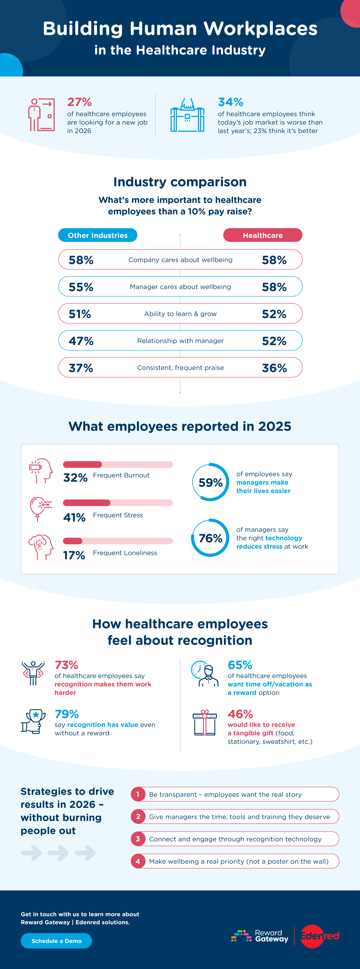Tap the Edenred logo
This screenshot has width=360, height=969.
(320, 936)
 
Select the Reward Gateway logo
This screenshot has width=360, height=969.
(260, 936)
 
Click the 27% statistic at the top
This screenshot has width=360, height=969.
(79, 102)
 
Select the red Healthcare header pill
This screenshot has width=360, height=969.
(263, 235)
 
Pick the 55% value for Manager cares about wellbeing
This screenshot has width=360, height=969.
(81, 287)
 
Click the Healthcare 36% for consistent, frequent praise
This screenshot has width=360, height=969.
(274, 368)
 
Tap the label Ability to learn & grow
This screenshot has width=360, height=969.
(180, 314)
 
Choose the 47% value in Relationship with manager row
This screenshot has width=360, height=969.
(81, 341)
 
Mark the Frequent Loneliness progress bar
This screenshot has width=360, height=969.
(118, 541)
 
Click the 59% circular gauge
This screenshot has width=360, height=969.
(210, 482)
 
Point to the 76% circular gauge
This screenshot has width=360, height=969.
(210, 538)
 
